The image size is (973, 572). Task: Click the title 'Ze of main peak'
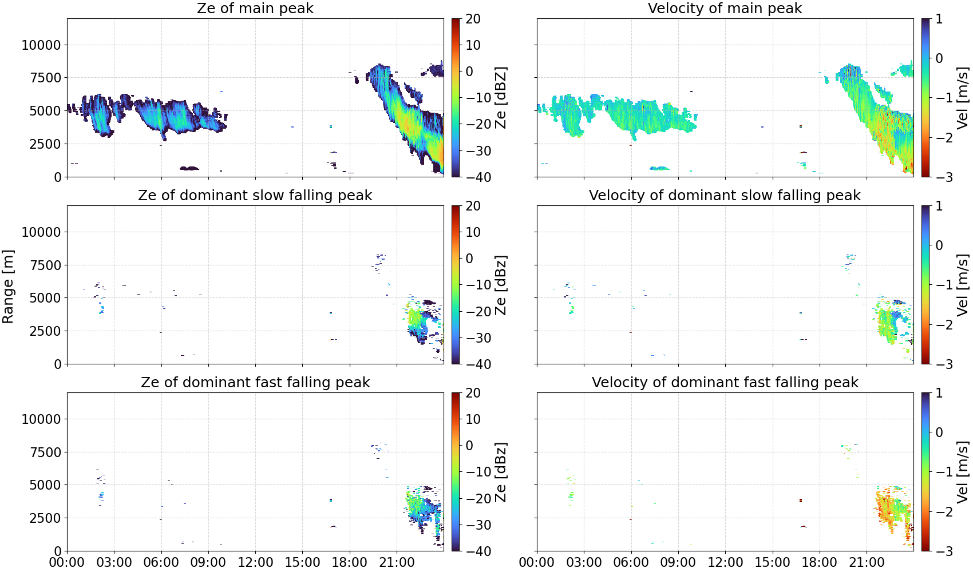click(x=255, y=8)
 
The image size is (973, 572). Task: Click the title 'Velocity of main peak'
click(x=725, y=8)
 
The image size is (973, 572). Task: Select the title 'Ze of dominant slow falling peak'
click(x=255, y=195)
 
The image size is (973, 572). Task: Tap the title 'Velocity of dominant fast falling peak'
click(x=725, y=382)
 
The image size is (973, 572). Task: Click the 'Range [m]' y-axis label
click(x=8, y=287)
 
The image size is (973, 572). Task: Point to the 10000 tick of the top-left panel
click(x=41, y=45)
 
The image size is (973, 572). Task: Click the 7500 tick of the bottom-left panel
click(x=45, y=452)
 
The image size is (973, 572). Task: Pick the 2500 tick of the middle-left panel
click(x=45, y=331)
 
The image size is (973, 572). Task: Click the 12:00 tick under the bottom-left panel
click(x=255, y=562)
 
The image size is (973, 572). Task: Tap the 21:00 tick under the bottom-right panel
click(x=867, y=562)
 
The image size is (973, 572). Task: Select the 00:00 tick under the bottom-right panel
click(x=537, y=562)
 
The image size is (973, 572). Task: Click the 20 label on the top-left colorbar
click(x=473, y=19)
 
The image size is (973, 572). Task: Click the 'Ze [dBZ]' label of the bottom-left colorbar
click(x=500, y=472)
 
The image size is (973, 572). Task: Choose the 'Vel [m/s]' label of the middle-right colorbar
click(x=963, y=285)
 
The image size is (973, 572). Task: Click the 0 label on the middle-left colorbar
click(x=469, y=259)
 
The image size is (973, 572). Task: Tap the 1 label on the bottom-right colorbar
click(x=939, y=393)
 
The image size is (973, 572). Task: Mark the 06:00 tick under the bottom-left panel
click(x=161, y=562)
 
